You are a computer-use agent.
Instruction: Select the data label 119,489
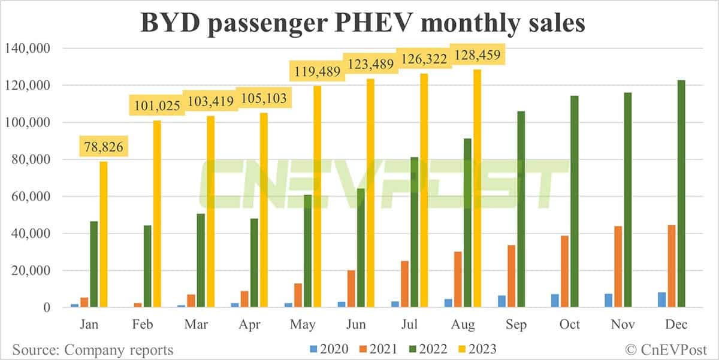point(316,72)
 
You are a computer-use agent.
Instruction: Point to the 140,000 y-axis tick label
point(28,48)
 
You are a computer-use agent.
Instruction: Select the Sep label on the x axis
point(516,324)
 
